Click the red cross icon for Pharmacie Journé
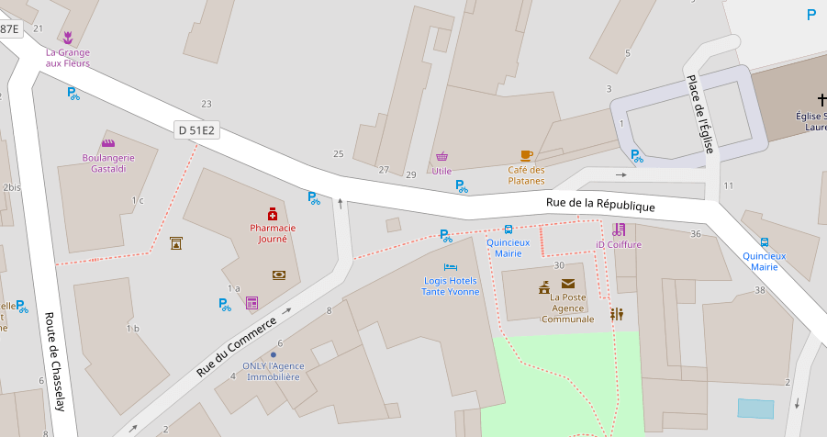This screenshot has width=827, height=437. coord(272,213)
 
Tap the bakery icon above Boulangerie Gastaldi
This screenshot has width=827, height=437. coord(108,143)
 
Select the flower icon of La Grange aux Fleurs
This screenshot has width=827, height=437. coord(68,38)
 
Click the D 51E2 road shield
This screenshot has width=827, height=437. coord(196,130)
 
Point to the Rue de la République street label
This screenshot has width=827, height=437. coord(600,205)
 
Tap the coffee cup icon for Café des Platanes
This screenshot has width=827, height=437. coord(526,155)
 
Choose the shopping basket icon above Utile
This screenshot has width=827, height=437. coord(441,156)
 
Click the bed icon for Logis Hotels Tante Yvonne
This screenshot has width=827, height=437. coord(450,266)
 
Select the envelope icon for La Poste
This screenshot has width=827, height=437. coord(568,284)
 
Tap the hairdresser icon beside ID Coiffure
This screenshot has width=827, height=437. coord(619,230)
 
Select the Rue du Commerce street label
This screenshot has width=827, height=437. coord(236,346)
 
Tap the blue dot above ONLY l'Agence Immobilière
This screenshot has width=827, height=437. coord(273,354)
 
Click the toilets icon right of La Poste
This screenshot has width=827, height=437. coord(617,313)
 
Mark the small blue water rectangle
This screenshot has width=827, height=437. coord(755,409)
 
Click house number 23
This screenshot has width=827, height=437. coord(207,104)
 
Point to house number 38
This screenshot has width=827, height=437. coord(759,290)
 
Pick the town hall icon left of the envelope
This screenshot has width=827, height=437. coord(544,287)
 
